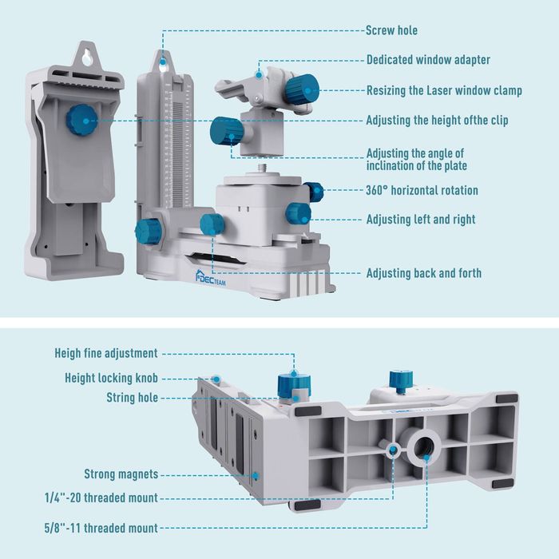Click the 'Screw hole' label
pos(391,30)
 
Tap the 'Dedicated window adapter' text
pos(428,60)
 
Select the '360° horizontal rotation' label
pos(422,190)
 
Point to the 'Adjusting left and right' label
pos(420,219)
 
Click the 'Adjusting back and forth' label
pos(423,273)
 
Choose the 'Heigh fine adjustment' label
pos(106,353)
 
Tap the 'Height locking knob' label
pos(111,378)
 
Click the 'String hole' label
pos(132,398)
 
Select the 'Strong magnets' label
pos(121,474)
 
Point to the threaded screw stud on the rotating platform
pos(264,170)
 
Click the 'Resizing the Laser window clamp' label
pos(444,90)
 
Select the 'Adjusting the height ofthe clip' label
pos(437,121)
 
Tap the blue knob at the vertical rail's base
pos(149,231)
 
